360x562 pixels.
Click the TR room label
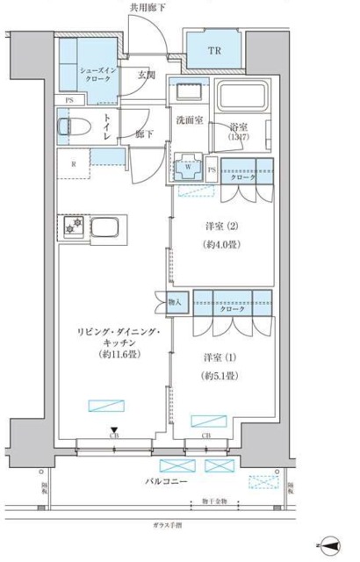[x=213, y=52]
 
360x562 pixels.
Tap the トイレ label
[x=106, y=127]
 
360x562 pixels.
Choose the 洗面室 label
[x=189, y=120]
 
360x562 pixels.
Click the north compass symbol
[x=330, y=545]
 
